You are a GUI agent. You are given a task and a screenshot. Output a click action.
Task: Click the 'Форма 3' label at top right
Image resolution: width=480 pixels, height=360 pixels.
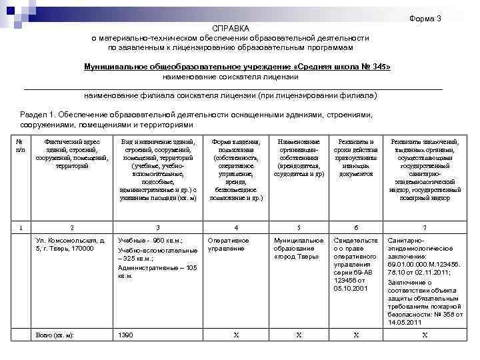click(x=425, y=19)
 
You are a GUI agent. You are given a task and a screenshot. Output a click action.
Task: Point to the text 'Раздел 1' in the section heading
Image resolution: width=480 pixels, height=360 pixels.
click(x=39, y=115)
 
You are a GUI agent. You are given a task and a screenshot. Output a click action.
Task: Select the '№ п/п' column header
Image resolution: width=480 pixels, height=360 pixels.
click(x=19, y=146)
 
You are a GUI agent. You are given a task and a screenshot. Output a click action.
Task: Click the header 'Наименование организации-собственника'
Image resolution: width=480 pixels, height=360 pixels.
click(x=299, y=157)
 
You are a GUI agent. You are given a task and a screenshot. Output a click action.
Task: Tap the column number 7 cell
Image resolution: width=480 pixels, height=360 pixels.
click(x=425, y=227)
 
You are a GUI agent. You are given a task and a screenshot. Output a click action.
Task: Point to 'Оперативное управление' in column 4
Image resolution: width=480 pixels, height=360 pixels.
click(x=229, y=244)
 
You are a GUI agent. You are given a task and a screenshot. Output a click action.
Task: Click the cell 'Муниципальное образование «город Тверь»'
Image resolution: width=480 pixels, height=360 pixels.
click(x=299, y=248)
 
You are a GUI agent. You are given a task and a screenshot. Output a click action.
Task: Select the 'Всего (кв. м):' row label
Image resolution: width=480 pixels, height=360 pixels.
click(x=55, y=335)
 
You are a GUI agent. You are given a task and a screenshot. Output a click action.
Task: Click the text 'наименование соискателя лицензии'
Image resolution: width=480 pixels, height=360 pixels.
click(x=233, y=77)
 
